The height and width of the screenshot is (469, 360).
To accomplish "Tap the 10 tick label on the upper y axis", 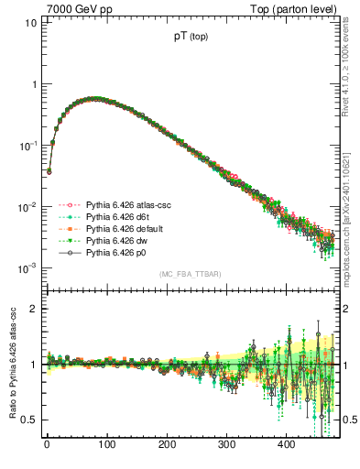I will [x=28, y=22].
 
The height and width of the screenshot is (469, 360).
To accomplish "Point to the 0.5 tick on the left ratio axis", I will [x=27, y=420].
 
